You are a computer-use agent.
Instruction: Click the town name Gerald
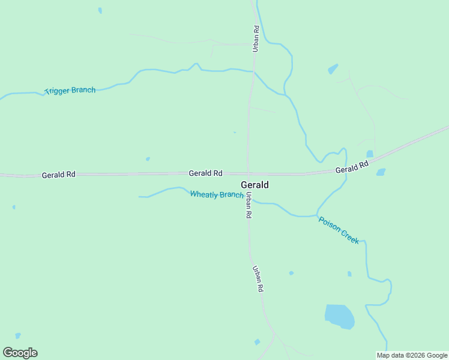coord(255,185)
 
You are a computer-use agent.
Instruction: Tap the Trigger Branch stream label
coord(70,91)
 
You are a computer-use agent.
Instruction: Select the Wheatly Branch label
coord(217,194)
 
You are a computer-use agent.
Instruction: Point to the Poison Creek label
coord(339,230)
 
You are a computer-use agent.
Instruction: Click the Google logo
coord(20,353)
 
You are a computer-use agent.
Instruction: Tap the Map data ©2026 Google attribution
coord(412,355)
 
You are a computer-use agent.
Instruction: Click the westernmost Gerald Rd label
coord(58,175)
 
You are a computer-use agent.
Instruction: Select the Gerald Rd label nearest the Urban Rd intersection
coord(205,173)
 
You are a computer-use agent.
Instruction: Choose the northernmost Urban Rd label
coord(256,38)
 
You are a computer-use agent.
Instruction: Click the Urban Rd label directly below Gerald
coord(248,205)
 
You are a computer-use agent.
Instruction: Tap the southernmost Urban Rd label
coord(258,278)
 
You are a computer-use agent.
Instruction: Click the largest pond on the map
coord(339,316)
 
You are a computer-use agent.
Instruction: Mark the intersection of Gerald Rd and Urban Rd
coord(248,173)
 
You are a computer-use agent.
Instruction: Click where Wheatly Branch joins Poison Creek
coord(316,215)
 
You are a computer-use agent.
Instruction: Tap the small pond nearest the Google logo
coord(18,335)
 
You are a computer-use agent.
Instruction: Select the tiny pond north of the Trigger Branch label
coord(100,10)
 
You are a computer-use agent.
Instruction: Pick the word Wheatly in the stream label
coord(204,194)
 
